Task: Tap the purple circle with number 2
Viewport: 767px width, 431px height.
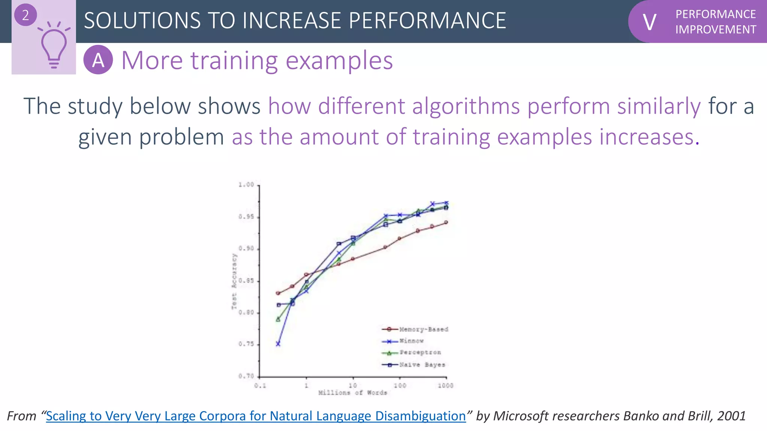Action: (25, 15)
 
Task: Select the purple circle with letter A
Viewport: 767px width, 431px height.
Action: (98, 60)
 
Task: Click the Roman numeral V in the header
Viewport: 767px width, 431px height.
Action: (649, 22)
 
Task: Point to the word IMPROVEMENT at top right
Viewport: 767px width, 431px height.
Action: (715, 30)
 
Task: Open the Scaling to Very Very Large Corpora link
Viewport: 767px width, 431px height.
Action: (256, 416)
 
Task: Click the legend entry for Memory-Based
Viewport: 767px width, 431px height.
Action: (424, 329)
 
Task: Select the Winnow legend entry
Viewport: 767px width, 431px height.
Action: (411, 341)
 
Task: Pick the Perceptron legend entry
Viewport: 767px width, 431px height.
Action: (420, 352)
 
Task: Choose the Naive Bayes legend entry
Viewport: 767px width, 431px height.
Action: (422, 364)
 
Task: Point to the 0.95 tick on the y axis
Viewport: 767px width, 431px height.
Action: (246, 217)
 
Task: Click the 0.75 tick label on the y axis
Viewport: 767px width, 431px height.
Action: (246, 344)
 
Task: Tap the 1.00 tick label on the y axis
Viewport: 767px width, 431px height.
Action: (246, 184)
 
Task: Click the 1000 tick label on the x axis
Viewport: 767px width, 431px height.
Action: (446, 385)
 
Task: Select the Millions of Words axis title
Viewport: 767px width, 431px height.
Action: (352, 392)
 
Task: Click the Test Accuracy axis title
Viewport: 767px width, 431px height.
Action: (234, 281)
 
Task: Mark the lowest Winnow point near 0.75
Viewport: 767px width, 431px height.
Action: (278, 344)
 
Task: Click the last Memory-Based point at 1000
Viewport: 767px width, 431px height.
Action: (446, 222)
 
